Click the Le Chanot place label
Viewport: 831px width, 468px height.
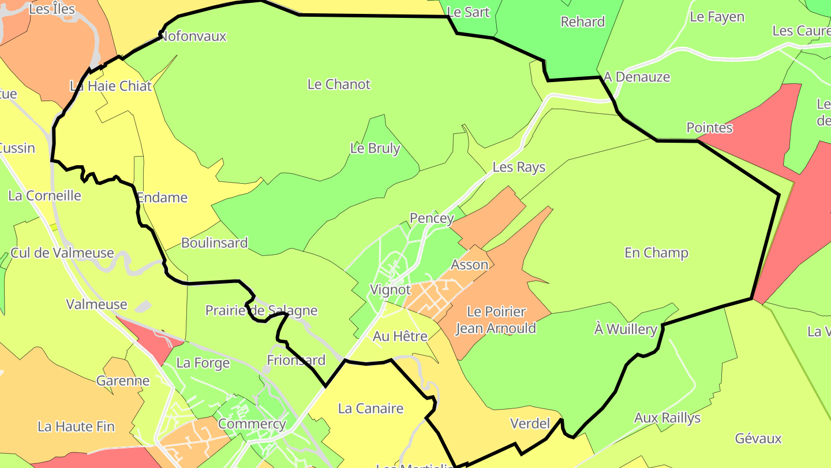[x=339, y=84]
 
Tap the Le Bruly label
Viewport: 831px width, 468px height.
[x=375, y=148]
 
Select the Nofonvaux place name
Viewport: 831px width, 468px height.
[x=193, y=36]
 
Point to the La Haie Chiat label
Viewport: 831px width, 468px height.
[x=111, y=87]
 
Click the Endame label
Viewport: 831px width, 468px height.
[x=162, y=198]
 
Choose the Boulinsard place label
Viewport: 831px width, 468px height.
[x=214, y=243]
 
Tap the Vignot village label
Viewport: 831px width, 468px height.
[x=390, y=290]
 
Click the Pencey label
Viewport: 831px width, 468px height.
[x=432, y=218]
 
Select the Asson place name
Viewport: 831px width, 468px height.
[x=469, y=265]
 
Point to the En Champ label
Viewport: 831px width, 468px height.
[x=656, y=253]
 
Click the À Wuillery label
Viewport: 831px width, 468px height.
[x=626, y=329]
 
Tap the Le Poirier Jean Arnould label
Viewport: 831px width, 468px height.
[x=496, y=320]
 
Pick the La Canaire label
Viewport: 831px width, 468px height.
[x=370, y=409]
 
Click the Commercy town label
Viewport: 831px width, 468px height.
[x=252, y=424]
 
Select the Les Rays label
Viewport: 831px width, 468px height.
[x=519, y=168]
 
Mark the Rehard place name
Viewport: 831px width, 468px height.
[x=583, y=22]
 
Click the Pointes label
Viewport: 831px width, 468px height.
[x=709, y=128]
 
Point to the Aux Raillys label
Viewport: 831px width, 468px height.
[x=667, y=418]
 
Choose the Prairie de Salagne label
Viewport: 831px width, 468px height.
[x=261, y=311]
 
